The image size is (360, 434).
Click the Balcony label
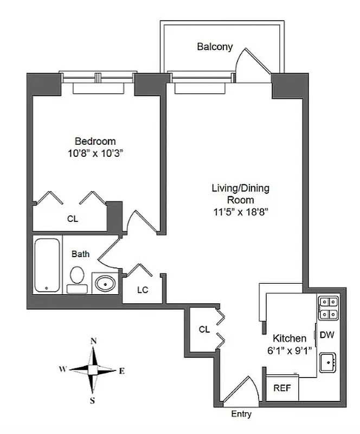[215, 47]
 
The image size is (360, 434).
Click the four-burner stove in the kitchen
[327, 308]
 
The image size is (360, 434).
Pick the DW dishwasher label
[326, 335]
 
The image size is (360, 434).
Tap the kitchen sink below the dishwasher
[327, 362]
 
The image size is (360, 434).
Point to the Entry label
[241, 414]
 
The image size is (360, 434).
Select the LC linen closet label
[143, 290]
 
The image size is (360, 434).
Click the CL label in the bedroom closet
[73, 219]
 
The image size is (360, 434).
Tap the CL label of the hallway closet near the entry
[204, 329]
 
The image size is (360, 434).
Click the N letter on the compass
[93, 341]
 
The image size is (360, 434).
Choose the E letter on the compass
[121, 371]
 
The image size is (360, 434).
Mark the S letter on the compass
[93, 401]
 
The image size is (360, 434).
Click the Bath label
[81, 253]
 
